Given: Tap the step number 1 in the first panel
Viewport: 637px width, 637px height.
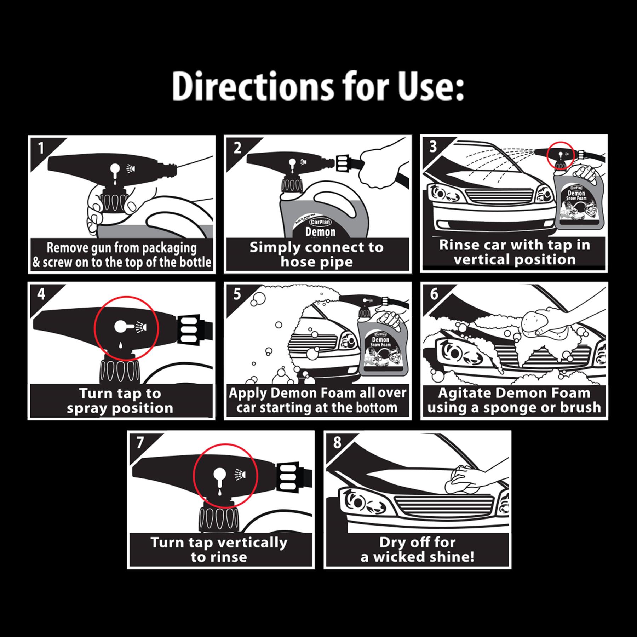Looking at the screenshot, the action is (x=41, y=148).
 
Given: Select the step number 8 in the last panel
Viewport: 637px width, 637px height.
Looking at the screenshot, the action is (x=337, y=442).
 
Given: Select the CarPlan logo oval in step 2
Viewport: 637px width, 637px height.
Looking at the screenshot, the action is (x=320, y=222).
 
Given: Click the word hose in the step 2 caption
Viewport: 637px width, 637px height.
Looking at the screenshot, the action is (x=296, y=262).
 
